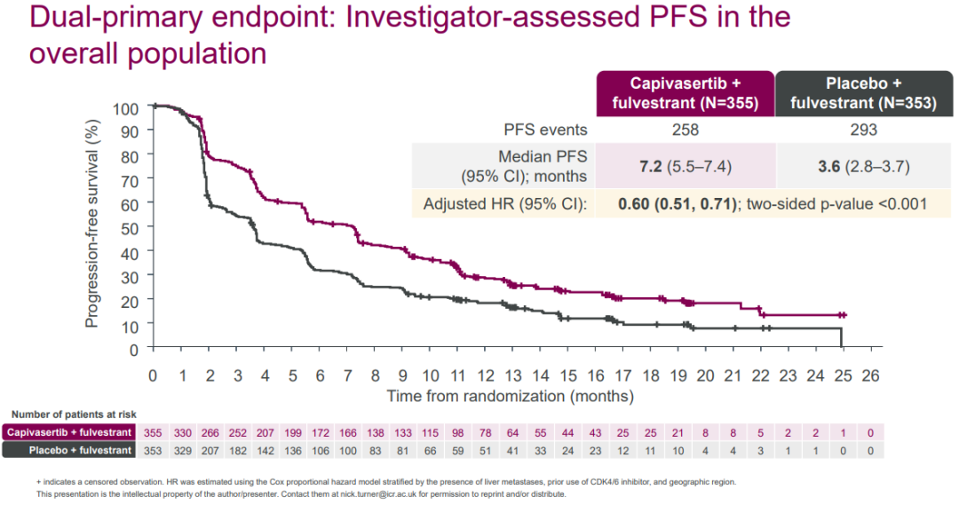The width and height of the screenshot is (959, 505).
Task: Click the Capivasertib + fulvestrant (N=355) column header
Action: (x=685, y=93)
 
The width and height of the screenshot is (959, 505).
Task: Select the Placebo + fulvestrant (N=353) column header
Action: (x=857, y=93)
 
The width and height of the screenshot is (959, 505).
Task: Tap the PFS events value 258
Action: (x=685, y=130)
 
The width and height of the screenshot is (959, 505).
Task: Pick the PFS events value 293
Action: (x=857, y=130)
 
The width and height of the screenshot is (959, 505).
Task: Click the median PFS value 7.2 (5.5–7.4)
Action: (x=685, y=167)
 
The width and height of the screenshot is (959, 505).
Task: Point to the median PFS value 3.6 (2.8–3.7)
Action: (x=857, y=167)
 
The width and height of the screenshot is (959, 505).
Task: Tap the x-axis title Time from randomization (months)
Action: (x=510, y=395)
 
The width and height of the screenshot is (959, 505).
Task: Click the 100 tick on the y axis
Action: (x=126, y=107)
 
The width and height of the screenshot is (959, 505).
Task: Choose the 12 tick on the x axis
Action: (x=485, y=375)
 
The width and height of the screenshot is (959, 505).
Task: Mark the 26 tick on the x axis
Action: (x=870, y=375)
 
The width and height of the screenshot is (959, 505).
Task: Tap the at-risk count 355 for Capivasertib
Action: (x=154, y=432)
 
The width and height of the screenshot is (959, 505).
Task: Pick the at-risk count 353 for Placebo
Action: (x=154, y=450)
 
